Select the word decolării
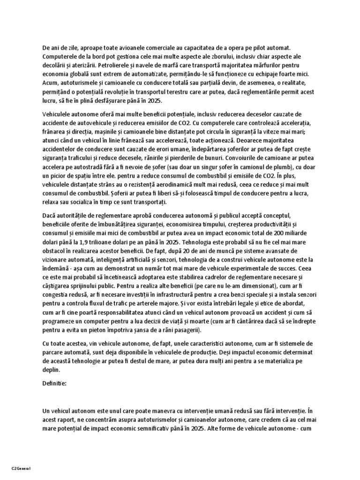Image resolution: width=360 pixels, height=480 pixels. [58, 65]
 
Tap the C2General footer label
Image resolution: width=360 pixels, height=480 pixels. [21, 469]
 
